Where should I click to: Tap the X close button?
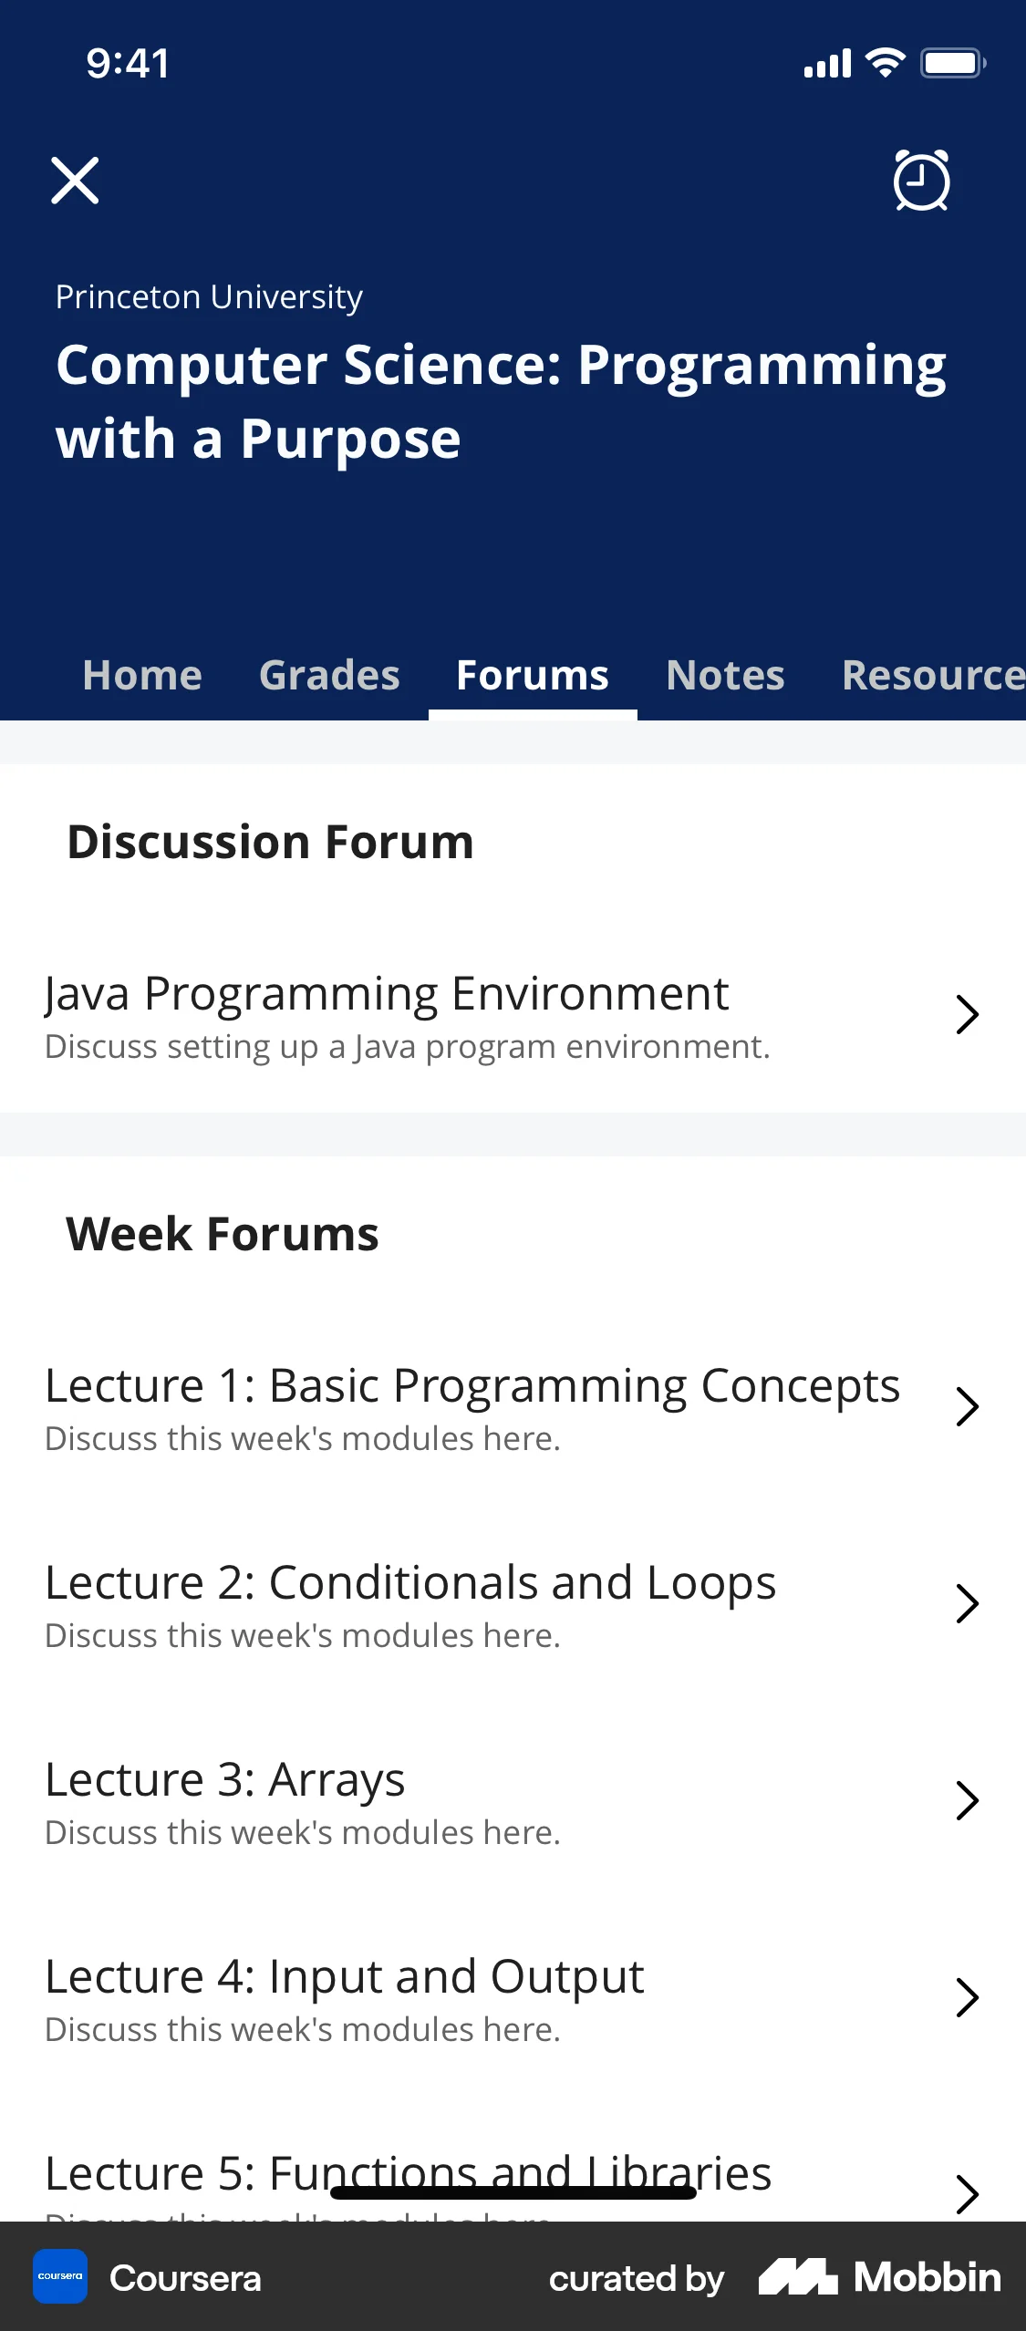[75, 181]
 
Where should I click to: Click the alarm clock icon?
[921, 181]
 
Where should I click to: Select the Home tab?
[142, 676]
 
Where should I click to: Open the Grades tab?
[329, 676]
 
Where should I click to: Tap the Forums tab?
[533, 676]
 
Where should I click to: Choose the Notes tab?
[725, 676]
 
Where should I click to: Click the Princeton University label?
[209, 297]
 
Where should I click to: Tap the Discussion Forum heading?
[271, 842]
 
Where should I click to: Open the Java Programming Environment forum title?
[387, 993]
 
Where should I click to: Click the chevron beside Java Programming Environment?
[967, 1014]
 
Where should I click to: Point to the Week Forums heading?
[223, 1234]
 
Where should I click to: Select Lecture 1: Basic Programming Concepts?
[472, 1386]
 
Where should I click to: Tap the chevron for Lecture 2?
[967, 1603]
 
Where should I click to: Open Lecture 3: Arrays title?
[225, 1780]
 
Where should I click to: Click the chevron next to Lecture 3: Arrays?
[967, 1800]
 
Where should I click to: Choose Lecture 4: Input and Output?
[345, 1977]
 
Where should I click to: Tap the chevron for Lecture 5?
[967, 2194]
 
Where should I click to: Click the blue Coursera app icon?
[60, 2276]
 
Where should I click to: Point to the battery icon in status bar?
[952, 63]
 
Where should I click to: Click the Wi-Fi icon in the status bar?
[885, 63]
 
